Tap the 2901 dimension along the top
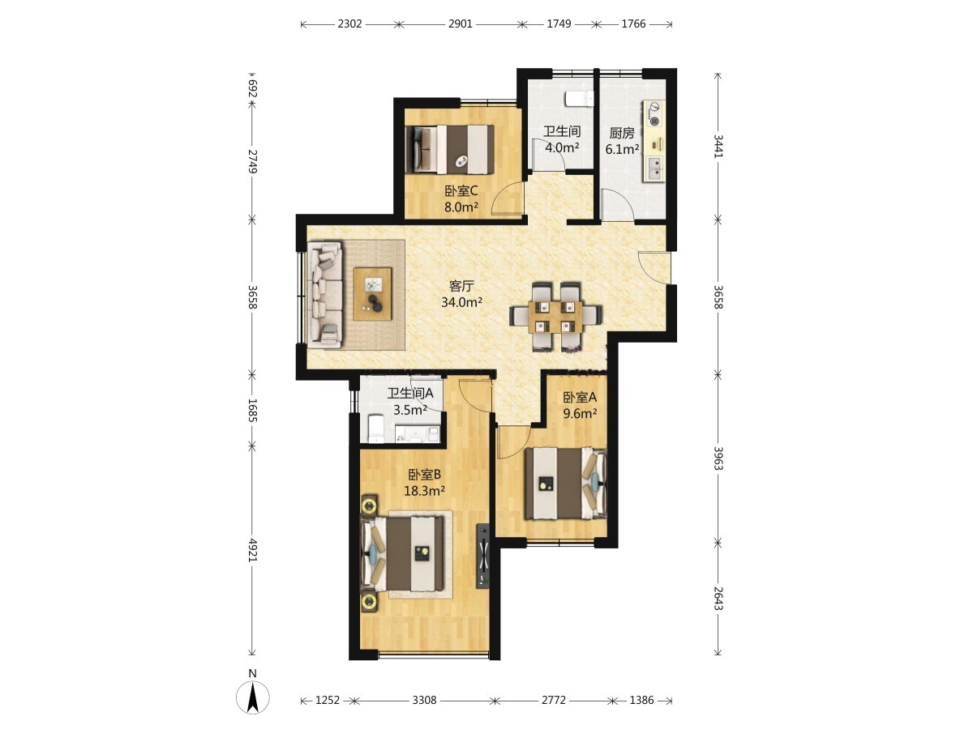460,24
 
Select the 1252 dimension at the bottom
327,700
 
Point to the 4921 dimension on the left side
252,550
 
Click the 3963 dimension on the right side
718,458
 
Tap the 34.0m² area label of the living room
461,302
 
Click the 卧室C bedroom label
461,191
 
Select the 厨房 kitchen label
621,133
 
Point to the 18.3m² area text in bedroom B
424,490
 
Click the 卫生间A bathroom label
410,393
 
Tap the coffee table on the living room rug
372,294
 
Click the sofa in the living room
324,294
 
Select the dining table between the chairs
555,317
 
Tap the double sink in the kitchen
654,168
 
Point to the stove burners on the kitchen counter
654,113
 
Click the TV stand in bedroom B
483,556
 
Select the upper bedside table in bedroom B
369,505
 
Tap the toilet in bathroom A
375,428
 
